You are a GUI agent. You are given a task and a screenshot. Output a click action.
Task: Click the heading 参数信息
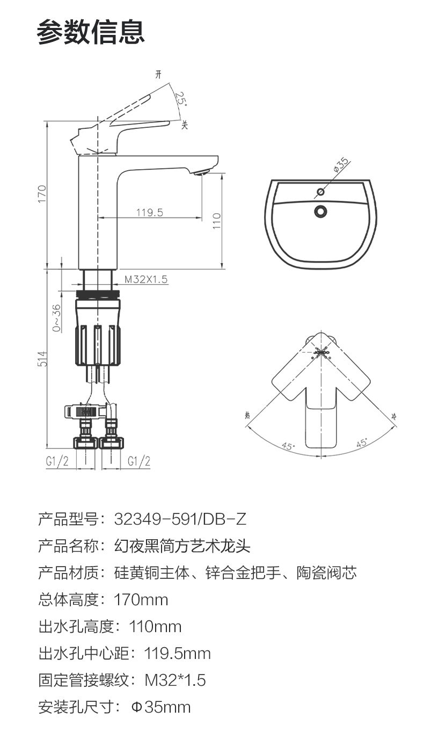point(91,32)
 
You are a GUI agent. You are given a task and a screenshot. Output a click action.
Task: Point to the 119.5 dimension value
point(150,213)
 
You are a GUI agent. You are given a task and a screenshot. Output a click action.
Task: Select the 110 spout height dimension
point(217,221)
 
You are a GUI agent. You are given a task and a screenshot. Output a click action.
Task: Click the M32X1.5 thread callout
point(146,279)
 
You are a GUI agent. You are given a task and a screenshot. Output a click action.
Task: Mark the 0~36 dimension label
point(57,318)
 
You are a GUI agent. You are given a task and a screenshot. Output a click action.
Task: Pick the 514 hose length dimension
point(42,359)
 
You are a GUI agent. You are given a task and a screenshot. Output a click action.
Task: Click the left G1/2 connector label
point(57,461)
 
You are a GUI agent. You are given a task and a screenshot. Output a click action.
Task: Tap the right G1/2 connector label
point(139,461)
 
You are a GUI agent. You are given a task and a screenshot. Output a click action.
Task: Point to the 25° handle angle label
point(181,98)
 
